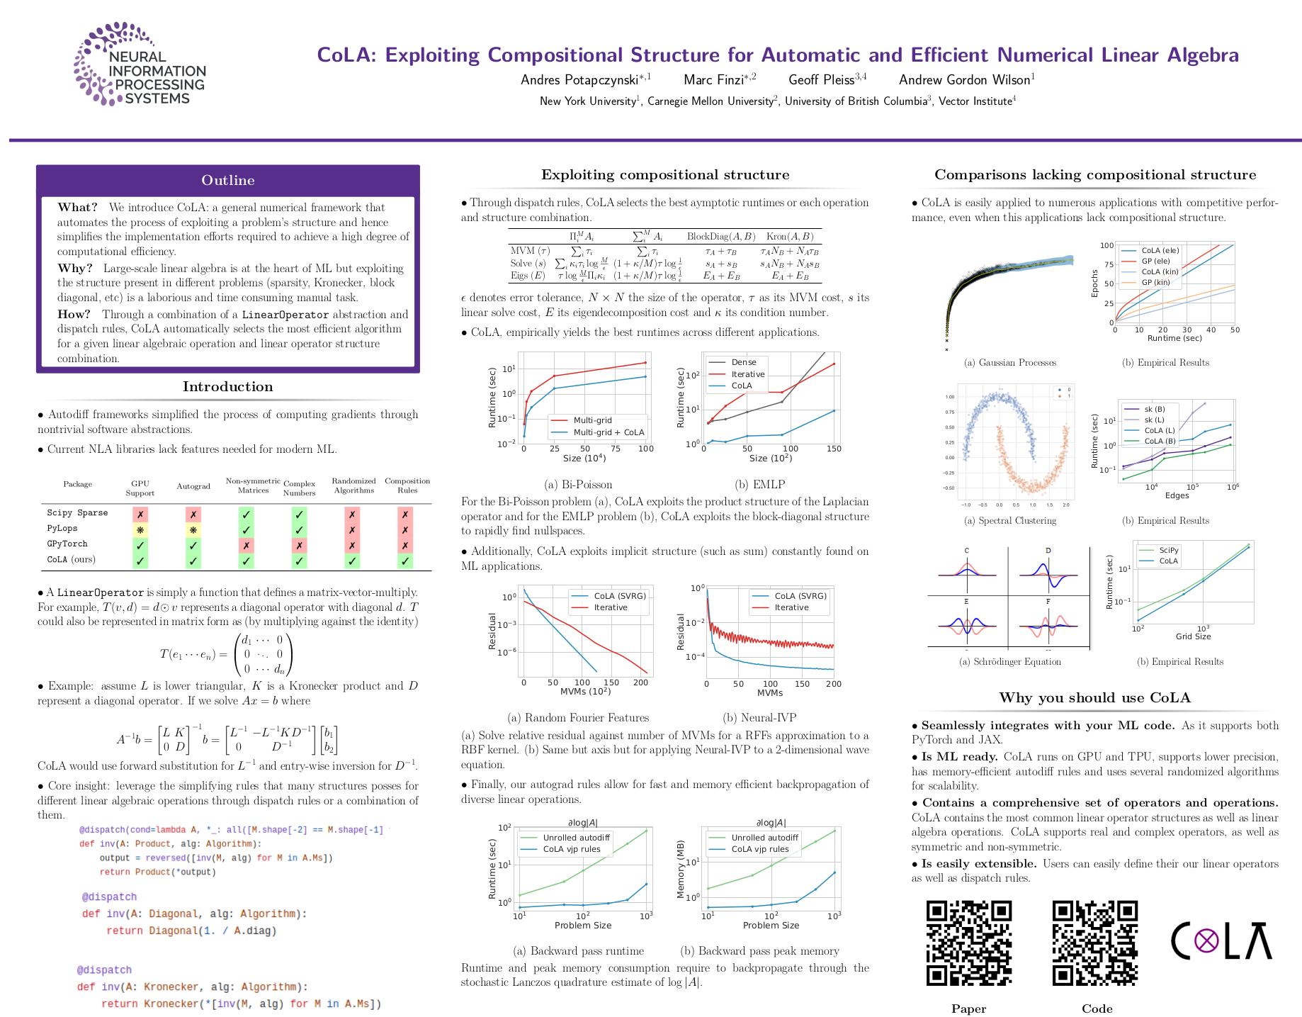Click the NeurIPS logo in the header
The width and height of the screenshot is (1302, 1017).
tap(140, 64)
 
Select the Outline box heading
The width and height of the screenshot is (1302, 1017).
tap(227, 180)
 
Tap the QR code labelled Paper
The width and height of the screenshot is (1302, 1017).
tap(968, 943)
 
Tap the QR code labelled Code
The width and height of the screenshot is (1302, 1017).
tap(1094, 943)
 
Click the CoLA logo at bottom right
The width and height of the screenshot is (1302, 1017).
tap(1221, 941)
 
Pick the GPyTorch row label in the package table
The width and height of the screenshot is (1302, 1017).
tap(67, 544)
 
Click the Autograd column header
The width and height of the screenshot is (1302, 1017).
tap(193, 486)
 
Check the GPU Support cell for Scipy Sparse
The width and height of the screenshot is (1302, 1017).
tap(140, 514)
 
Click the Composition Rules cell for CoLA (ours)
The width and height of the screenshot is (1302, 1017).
tap(405, 561)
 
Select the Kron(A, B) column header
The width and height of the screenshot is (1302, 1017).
tap(790, 237)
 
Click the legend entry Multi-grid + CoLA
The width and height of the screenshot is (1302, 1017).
tap(608, 432)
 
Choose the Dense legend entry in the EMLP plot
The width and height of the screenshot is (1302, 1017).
tap(744, 362)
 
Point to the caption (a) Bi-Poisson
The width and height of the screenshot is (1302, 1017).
tap(578, 485)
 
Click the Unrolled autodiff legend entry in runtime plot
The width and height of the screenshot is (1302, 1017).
tap(576, 838)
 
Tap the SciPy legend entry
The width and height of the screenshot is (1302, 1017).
tap(1169, 550)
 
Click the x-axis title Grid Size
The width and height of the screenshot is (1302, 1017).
tap(1193, 636)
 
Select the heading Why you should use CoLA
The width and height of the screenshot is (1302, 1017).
tap(1094, 698)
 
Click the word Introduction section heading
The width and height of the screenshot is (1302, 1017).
tap(227, 387)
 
